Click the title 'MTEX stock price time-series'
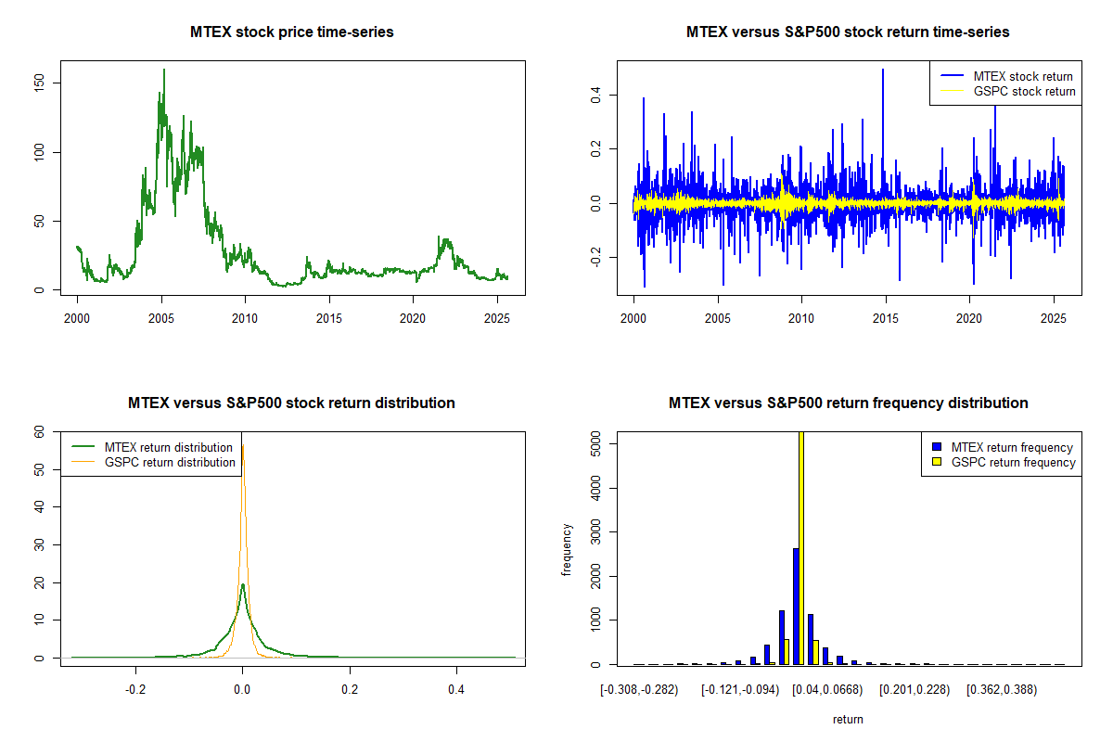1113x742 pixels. coord(291,32)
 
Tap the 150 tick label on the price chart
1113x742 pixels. coord(53,83)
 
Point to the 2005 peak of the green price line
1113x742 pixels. coord(164,70)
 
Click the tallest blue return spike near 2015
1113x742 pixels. coord(883,70)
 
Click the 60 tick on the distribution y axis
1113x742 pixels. coord(40,432)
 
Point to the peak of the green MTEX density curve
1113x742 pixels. coord(242,585)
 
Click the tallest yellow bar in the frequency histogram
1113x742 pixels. coord(800,547)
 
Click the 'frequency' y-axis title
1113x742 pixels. coord(568,549)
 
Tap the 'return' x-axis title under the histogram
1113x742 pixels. coord(848,719)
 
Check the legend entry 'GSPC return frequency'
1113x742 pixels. coord(1013,462)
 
